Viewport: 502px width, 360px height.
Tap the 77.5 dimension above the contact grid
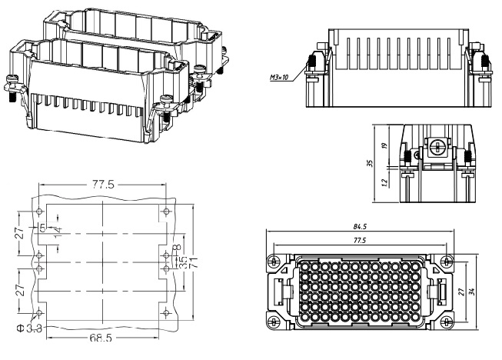click(360, 240)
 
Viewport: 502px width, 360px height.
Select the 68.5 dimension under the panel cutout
click(100, 338)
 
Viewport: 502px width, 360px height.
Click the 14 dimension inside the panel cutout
click(57, 232)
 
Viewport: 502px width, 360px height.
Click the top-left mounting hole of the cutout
click(35, 210)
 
